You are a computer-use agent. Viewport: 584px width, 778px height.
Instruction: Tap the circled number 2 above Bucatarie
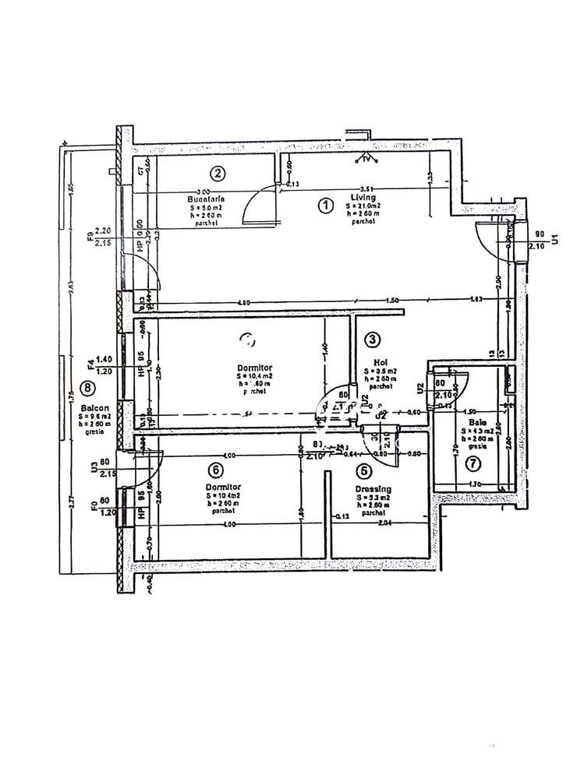click(219, 174)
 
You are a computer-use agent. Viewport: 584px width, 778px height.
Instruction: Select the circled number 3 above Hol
click(373, 340)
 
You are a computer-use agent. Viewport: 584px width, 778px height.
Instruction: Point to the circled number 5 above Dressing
click(363, 470)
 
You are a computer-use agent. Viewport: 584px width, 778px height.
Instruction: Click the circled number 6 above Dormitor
click(217, 470)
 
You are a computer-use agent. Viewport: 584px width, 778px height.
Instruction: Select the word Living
click(361, 198)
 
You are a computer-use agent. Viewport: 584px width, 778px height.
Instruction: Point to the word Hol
click(380, 361)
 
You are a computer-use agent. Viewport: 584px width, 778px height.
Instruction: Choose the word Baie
click(479, 421)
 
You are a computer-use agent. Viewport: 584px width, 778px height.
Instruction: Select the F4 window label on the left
click(90, 363)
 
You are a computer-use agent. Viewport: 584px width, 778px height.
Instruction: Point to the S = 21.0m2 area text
click(363, 206)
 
